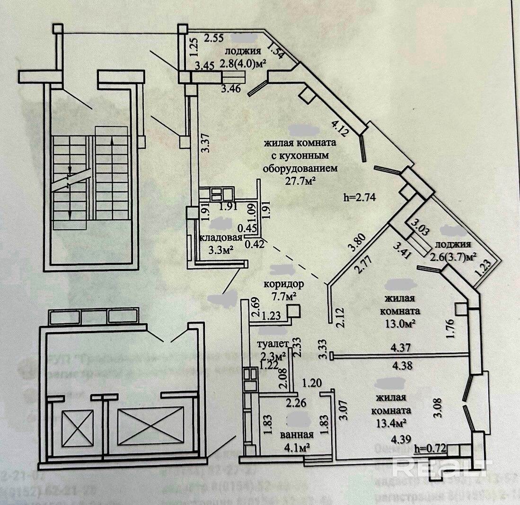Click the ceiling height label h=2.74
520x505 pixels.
(x=359, y=198)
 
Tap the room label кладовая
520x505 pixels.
(x=221, y=238)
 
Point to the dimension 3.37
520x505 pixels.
(x=205, y=142)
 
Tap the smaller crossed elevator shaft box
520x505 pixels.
(x=77, y=428)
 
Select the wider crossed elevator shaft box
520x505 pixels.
(x=150, y=425)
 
